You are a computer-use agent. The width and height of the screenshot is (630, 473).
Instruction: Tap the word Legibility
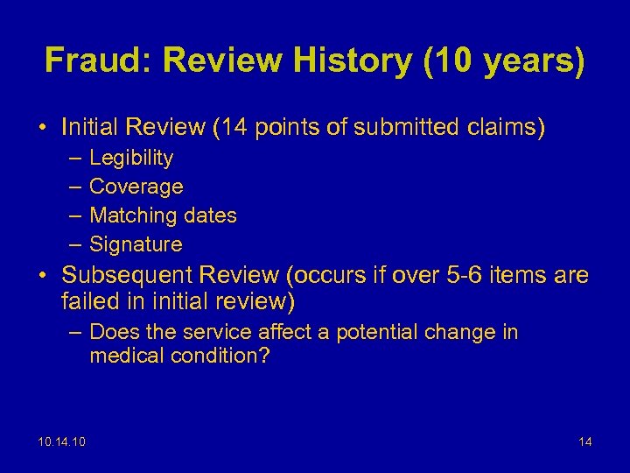131,159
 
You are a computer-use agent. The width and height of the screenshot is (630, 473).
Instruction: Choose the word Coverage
136,187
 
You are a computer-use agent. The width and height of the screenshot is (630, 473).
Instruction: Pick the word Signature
136,244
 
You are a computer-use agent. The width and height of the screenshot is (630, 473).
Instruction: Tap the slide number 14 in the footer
584,441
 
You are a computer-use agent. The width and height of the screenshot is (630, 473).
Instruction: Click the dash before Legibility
72,159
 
